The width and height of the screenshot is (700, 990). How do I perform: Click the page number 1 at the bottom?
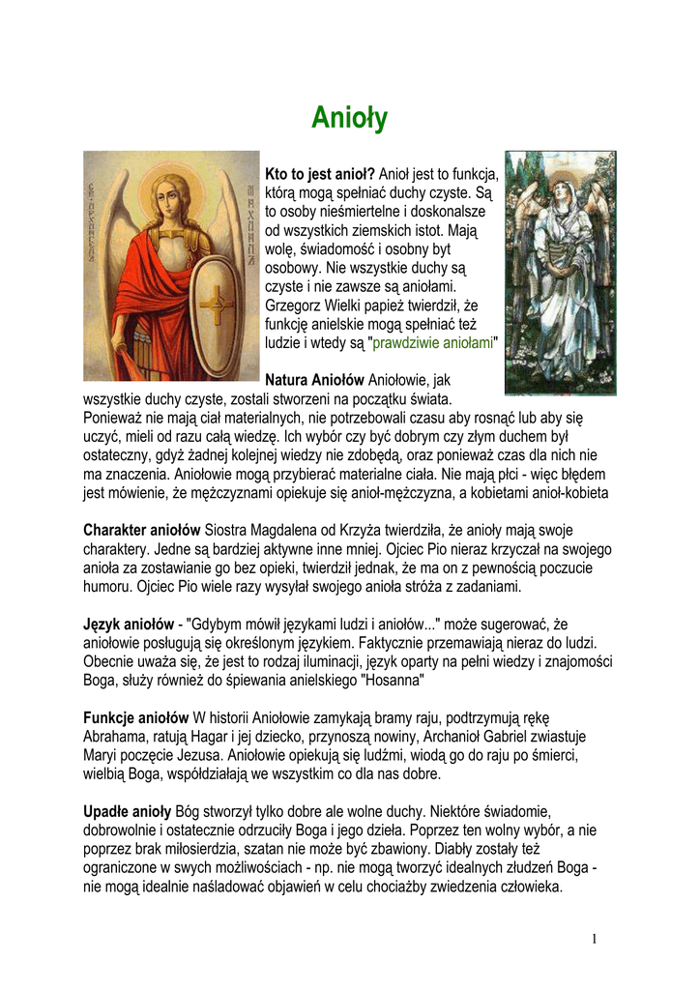pos(596,939)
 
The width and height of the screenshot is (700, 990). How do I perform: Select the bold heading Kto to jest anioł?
pos(319,174)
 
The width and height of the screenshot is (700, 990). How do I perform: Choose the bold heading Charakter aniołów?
pos(141,531)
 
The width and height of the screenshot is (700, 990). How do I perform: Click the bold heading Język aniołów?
pos(129,624)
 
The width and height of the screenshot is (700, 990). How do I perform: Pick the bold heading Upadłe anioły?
pos(127,810)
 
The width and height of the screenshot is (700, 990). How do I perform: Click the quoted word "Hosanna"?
pos(392,680)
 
